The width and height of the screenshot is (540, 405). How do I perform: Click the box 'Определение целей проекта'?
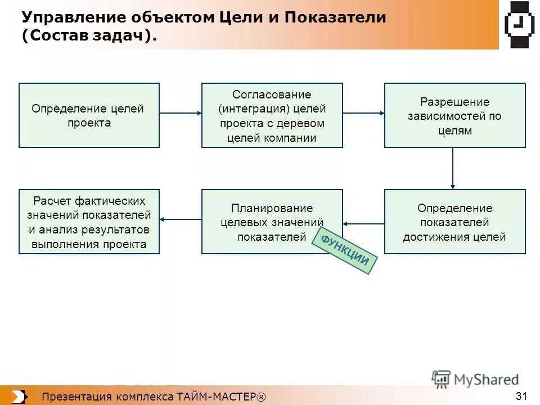tap(89, 115)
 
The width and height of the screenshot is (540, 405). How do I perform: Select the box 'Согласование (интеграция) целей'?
tap(272, 115)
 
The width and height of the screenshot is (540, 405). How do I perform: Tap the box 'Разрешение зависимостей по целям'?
tap(454, 115)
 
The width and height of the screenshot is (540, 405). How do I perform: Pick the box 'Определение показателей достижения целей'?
tap(454, 222)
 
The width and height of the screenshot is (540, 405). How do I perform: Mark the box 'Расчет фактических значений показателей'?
tap(89, 222)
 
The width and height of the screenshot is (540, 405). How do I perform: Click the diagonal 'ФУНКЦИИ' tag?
tap(345, 251)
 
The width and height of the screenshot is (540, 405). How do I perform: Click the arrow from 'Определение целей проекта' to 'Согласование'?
tap(181, 113)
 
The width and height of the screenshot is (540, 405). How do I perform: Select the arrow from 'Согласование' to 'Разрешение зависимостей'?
tap(363, 113)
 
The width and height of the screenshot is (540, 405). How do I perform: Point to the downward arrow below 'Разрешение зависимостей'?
tap(453, 168)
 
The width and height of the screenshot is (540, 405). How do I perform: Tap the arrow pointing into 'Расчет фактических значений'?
tap(181, 219)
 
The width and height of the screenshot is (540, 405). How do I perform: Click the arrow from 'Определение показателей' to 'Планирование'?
tap(363, 224)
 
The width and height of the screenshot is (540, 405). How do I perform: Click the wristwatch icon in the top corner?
tap(519, 25)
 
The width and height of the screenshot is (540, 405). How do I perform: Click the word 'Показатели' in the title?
tap(335, 17)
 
